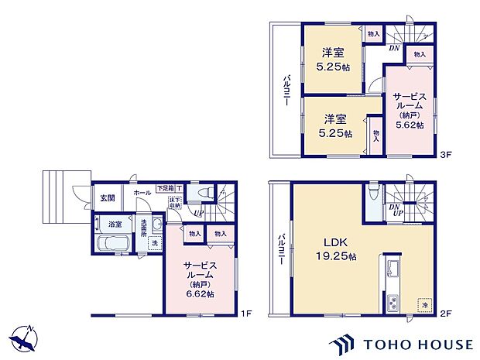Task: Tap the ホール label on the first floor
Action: pyautogui.click(x=142, y=193)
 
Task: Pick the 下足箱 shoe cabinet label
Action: pyautogui.click(x=165, y=188)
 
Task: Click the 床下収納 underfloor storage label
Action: pyautogui.click(x=176, y=203)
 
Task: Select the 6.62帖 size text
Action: pyautogui.click(x=200, y=293)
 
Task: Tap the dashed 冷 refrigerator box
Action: pyautogui.click(x=423, y=304)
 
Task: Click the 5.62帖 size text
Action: pyautogui.click(x=409, y=125)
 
